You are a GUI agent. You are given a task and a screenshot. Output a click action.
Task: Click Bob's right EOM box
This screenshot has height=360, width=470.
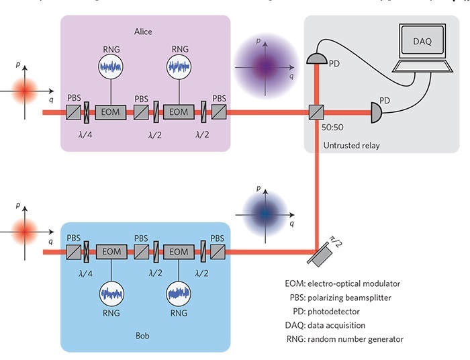tap(178, 252)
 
